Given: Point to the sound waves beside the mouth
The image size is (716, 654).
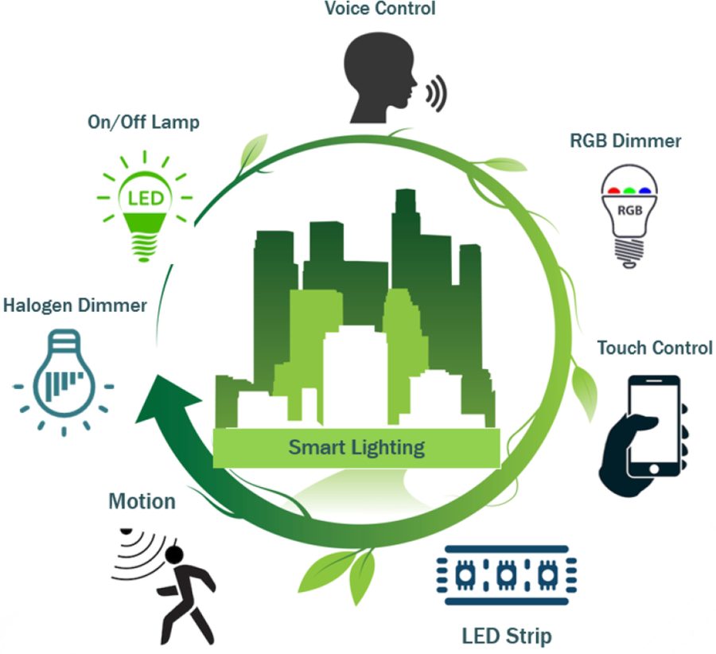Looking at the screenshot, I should pyautogui.click(x=435, y=93).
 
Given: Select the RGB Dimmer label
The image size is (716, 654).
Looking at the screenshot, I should pyautogui.click(x=625, y=141).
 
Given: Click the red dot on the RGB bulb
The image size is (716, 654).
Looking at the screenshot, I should pyautogui.click(x=613, y=190).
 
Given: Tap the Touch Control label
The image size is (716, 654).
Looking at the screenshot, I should pyautogui.click(x=654, y=348).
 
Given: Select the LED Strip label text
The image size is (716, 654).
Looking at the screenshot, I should pyautogui.click(x=506, y=636).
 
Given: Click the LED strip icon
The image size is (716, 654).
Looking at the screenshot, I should pyautogui.click(x=507, y=574).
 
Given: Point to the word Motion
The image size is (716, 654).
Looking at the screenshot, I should pyautogui.click(x=142, y=501).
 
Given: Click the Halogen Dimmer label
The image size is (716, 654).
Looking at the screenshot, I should pyautogui.click(x=75, y=305).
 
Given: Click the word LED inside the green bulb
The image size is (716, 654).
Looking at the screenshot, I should pyautogui.click(x=144, y=196).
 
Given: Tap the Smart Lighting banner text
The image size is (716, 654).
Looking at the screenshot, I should pyautogui.click(x=356, y=446).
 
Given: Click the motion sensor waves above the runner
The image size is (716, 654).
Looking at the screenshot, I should pyautogui.click(x=140, y=550).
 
